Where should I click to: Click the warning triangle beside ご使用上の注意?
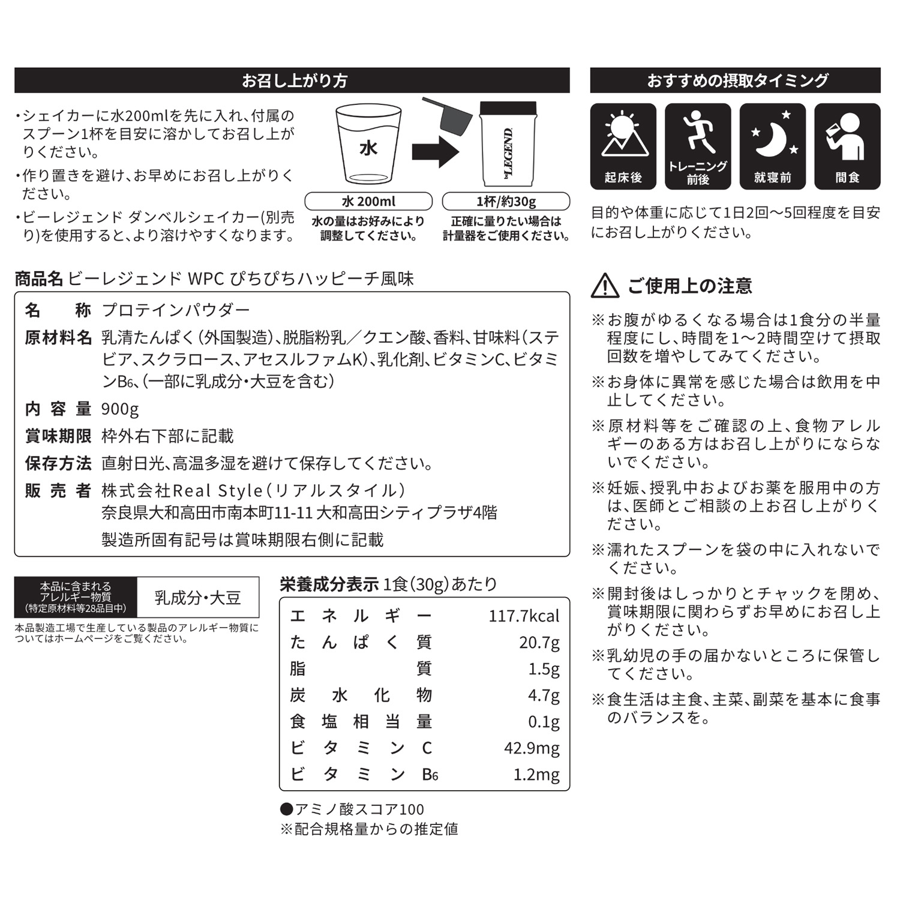point(605,286)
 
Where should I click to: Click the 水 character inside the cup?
point(368,148)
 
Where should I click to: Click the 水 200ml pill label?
point(368,201)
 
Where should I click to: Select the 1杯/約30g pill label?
point(506,201)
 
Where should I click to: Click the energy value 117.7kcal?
point(523,616)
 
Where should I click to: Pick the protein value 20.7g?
point(539,642)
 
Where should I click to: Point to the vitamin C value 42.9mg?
point(532,748)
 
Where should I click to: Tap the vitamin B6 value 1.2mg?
point(536,774)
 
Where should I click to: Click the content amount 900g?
point(120,409)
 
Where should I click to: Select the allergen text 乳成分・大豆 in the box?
point(197,598)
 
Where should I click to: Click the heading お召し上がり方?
point(294,80)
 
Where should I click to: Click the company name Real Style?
point(217,491)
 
